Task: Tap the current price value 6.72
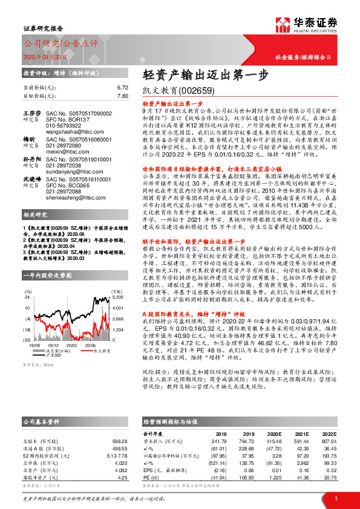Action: click(123, 87)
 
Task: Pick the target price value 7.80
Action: click(123, 96)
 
